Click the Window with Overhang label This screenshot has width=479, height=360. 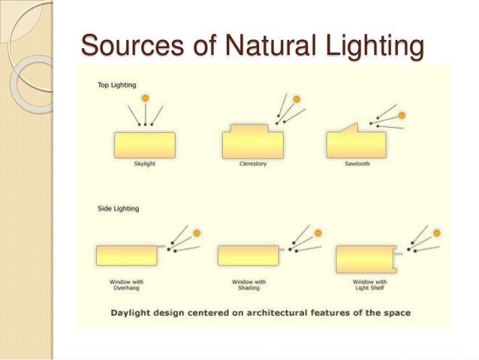125,286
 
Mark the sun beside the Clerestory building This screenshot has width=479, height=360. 297,99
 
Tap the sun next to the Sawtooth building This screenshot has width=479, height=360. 402,115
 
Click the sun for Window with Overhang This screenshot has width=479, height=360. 197,232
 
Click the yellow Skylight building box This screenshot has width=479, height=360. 145,145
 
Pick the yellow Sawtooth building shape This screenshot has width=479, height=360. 357,145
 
